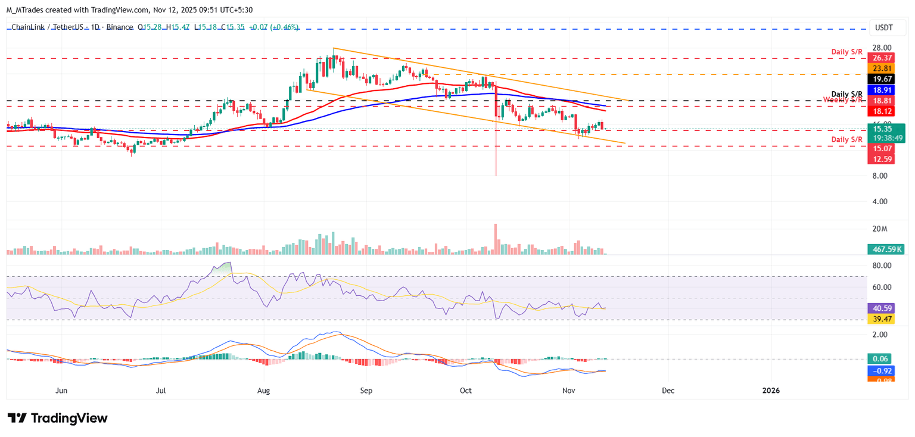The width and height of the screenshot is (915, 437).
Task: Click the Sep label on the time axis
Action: click(x=366, y=391)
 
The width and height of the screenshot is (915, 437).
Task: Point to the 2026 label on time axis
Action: click(x=770, y=391)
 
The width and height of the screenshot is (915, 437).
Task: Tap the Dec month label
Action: click(x=668, y=391)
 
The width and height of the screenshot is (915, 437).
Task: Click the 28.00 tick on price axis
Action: click(x=882, y=48)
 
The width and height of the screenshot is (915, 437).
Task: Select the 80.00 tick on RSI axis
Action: click(x=882, y=266)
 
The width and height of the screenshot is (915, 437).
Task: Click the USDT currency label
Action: click(x=883, y=27)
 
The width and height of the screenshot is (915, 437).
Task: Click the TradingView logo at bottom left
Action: click(x=58, y=418)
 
